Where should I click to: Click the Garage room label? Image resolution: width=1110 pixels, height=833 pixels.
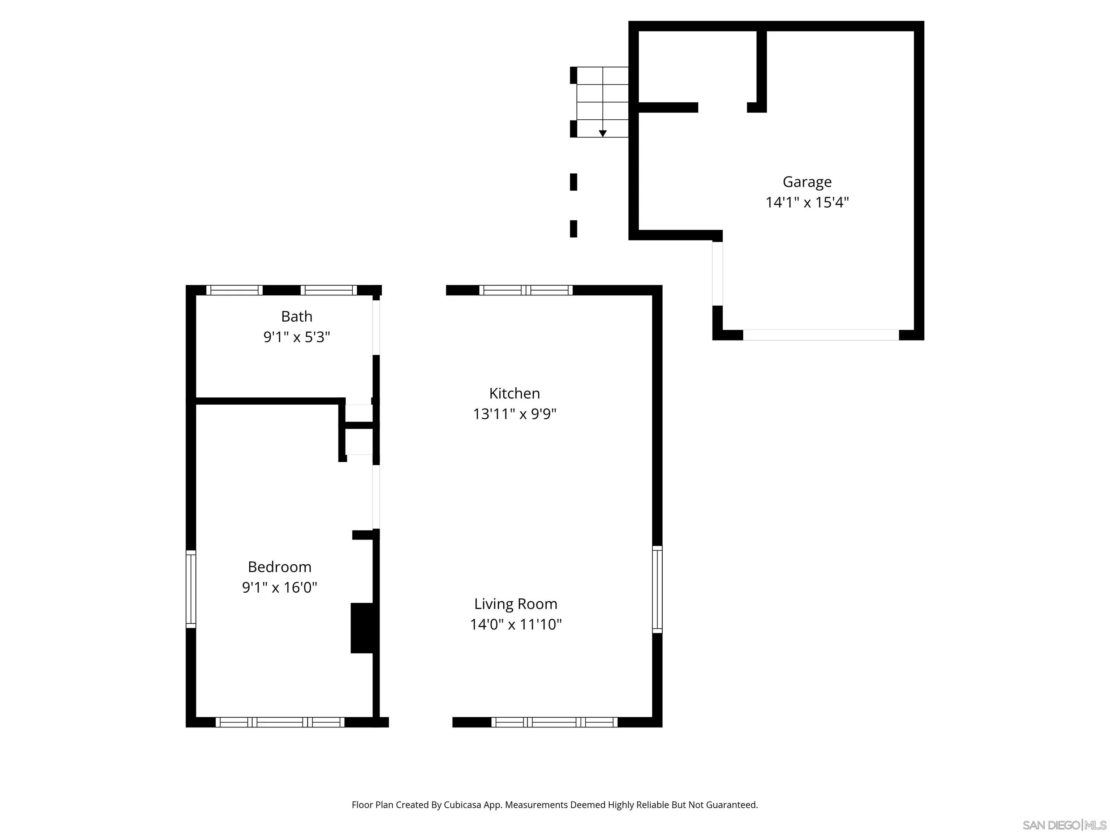807,182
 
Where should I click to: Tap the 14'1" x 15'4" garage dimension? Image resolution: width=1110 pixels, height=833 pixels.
807,202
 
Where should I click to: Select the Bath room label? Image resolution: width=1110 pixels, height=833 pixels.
297,316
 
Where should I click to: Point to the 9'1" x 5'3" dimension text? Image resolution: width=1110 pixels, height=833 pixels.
297,337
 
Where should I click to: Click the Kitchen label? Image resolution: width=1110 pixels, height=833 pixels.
515,393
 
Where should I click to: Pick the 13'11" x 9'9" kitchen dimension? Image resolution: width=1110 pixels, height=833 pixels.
515,414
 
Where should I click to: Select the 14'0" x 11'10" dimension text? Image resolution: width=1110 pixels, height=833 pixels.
515,624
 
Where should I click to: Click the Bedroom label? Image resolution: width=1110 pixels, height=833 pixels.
280,567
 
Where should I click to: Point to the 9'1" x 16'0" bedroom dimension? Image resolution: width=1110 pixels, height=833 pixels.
280,588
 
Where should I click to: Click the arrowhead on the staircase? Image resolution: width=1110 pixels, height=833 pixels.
603,133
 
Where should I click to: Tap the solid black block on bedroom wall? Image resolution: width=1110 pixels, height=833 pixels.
362,628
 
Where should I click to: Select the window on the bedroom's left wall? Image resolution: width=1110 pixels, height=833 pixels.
191,589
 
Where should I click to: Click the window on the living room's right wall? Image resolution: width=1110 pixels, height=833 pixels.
657,589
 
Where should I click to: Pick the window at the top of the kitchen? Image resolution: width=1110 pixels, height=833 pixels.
525,290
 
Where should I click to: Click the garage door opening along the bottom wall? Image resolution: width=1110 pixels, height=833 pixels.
821,335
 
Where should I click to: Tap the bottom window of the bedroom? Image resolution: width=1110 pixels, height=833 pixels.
280,722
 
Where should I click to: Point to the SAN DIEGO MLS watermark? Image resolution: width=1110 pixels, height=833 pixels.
1064,825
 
